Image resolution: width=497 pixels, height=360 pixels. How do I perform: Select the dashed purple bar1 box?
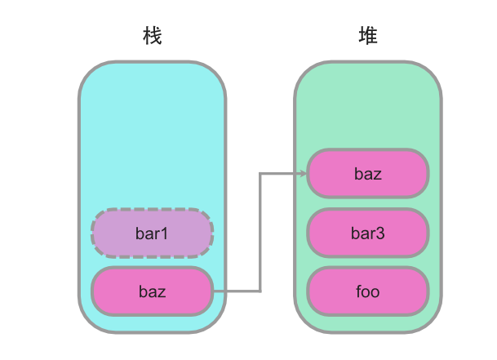pos(153,233)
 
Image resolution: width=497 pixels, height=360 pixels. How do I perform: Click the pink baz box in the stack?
pos(153,291)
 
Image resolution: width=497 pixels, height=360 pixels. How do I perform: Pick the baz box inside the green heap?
pos(368,173)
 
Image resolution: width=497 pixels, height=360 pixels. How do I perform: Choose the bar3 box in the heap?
pos(368,233)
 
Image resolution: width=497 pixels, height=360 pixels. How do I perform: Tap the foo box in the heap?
pos(368,291)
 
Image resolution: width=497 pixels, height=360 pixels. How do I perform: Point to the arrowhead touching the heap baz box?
pos(303,173)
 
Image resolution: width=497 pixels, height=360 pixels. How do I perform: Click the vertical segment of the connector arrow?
pos(260,233)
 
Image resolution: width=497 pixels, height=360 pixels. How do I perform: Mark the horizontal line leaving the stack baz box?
pos(237,291)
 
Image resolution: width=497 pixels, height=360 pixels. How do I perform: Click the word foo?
pos(368,291)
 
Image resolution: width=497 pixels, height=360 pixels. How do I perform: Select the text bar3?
pos(368,233)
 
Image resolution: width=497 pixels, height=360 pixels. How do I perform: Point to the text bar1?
pos(153,233)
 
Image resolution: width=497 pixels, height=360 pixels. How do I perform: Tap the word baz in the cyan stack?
pos(153,291)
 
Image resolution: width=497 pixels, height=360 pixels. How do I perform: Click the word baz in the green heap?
pos(368,173)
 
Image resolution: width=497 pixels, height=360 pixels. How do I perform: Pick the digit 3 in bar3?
pos(380,233)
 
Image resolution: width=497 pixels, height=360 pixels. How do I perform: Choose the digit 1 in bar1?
pos(165,233)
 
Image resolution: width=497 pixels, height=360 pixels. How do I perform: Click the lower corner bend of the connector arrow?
pos(260,291)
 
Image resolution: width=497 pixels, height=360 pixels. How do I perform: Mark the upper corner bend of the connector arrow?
pos(260,173)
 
